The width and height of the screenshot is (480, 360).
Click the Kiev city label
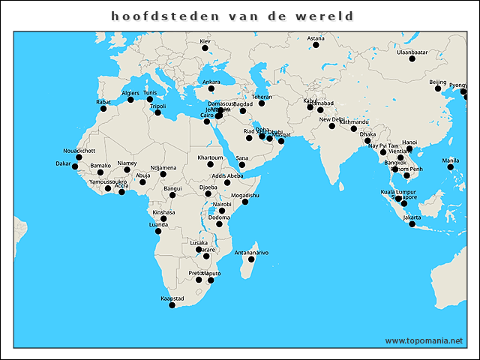(x=205, y=40)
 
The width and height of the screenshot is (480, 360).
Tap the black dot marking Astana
(x=316, y=45)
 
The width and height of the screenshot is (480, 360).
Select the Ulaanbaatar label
(x=412, y=52)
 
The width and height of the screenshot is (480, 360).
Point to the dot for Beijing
(x=438, y=88)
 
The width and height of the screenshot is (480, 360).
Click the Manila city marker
(x=451, y=167)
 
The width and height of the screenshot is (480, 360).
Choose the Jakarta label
(x=412, y=217)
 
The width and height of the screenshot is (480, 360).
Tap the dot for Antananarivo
(x=251, y=259)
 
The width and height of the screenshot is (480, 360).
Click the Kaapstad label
(x=172, y=298)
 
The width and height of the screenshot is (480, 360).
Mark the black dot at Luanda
(x=158, y=231)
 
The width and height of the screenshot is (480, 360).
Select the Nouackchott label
(x=79, y=150)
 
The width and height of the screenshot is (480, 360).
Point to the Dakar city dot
(x=75, y=166)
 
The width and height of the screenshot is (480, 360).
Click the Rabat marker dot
(x=103, y=109)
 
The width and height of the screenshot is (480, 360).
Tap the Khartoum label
(x=210, y=157)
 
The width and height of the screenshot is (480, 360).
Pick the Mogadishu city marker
(x=245, y=202)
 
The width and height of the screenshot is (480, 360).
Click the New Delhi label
(x=331, y=119)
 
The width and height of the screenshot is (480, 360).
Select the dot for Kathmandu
(x=354, y=129)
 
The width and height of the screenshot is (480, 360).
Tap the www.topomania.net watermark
(x=424, y=340)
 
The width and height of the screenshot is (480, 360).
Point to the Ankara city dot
(x=211, y=88)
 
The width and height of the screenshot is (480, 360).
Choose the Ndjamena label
(x=163, y=167)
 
